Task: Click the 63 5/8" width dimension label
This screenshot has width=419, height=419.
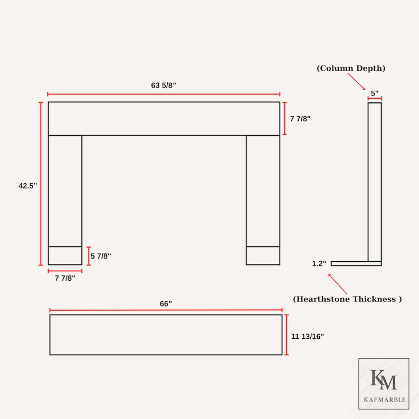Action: click(x=164, y=85)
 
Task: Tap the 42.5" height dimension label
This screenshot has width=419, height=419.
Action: click(x=28, y=186)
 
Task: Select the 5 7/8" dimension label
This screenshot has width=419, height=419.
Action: click(x=101, y=256)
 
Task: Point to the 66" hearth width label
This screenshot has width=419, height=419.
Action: click(x=166, y=304)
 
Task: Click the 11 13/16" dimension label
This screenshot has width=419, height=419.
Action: click(x=308, y=337)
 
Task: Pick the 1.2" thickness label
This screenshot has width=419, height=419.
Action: click(x=319, y=263)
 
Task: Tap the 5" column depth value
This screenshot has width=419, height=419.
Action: click(x=375, y=93)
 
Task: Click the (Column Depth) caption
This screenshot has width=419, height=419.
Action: click(x=351, y=68)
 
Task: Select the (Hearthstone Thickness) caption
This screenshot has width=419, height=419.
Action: click(x=347, y=299)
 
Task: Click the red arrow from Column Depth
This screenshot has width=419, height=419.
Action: click(x=357, y=81)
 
